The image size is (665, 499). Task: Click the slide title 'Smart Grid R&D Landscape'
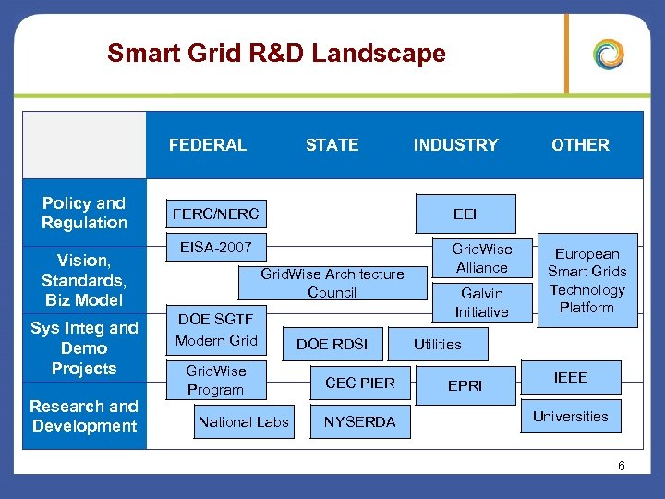(276, 54)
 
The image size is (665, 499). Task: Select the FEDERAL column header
(208, 145)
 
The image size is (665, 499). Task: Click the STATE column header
(332, 145)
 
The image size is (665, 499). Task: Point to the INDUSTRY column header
(455, 145)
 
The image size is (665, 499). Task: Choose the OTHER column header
(580, 145)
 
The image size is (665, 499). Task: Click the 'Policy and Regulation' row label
(84, 213)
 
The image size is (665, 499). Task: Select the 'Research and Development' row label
(84, 416)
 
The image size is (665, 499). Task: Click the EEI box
(465, 213)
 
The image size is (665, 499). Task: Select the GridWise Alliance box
(481, 258)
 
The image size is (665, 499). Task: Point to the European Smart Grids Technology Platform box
(586, 280)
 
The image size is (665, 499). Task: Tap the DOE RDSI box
(332, 344)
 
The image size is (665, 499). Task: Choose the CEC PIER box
(359, 383)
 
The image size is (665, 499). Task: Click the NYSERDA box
(359, 421)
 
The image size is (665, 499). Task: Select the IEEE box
(570, 377)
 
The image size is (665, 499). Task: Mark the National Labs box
(244, 421)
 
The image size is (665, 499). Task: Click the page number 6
(622, 466)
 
